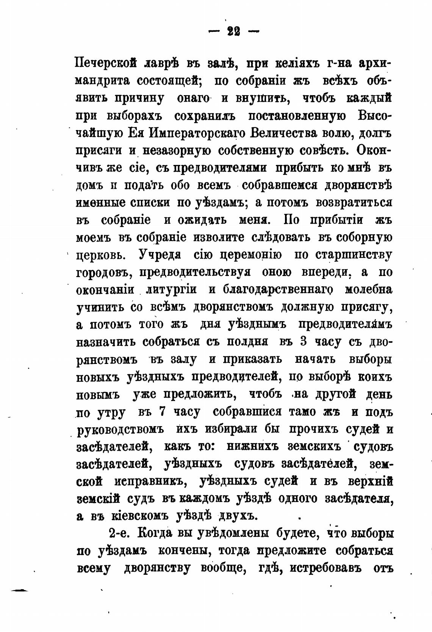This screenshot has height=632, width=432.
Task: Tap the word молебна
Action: [369, 289]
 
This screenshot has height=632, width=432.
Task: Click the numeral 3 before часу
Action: [303, 341]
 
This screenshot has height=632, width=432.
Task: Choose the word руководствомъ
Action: [120, 430]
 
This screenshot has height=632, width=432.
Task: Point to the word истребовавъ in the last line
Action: [321, 568]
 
